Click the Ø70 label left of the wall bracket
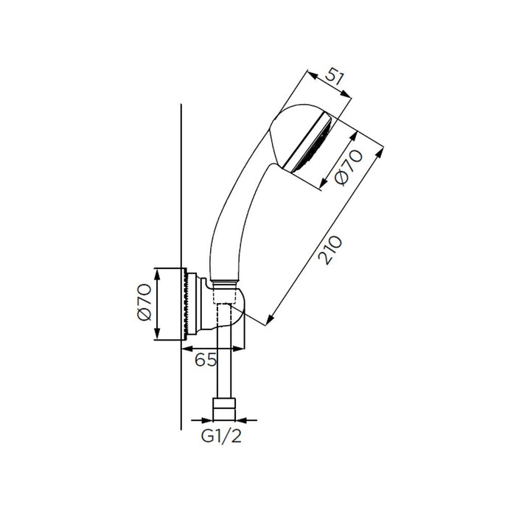(144, 304)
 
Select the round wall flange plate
(188, 304)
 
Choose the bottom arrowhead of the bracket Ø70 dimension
(157, 338)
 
